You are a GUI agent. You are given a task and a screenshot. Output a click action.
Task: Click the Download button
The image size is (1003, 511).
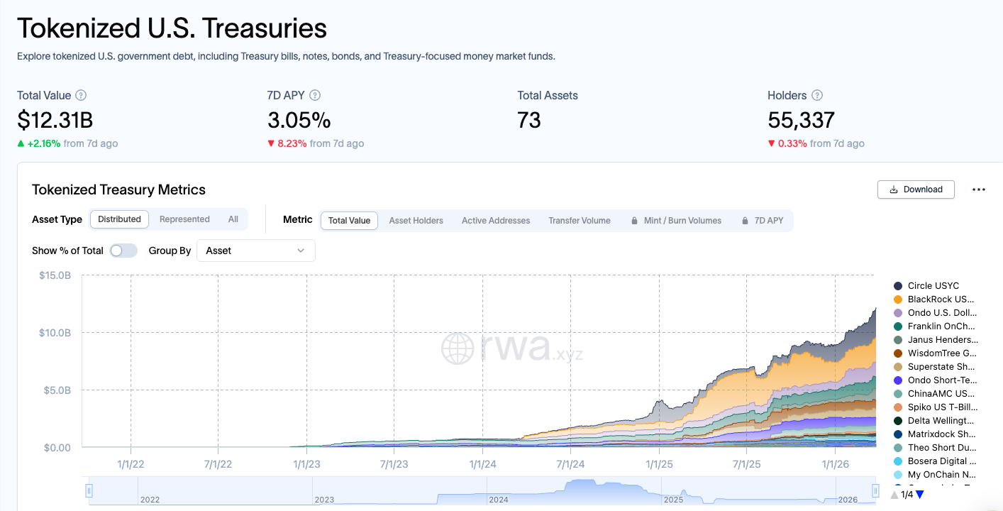tap(916, 189)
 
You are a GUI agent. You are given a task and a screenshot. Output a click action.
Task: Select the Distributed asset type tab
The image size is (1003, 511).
tap(119, 219)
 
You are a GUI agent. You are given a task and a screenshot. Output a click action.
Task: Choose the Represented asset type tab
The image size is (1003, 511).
tap(184, 219)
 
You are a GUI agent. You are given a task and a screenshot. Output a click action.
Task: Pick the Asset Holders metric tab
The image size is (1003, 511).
tap(416, 221)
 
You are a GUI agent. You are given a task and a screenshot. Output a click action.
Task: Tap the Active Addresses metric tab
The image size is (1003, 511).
tap(496, 221)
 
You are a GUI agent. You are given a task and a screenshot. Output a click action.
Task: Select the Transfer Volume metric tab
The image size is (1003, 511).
tap(579, 221)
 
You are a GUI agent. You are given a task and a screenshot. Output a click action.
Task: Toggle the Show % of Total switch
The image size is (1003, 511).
tap(123, 251)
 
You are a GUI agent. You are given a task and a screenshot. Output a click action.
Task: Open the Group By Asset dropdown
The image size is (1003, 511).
tap(255, 251)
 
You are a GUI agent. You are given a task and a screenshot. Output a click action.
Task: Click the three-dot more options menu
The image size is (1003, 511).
tap(979, 189)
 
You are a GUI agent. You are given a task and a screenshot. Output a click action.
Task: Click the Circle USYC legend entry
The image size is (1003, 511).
tap(933, 285)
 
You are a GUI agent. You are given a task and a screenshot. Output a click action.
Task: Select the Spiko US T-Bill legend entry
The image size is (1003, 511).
tap(942, 407)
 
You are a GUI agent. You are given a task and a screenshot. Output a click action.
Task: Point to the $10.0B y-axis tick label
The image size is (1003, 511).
tap(55, 333)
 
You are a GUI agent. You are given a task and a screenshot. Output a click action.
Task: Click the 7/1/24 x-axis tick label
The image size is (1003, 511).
tap(570, 464)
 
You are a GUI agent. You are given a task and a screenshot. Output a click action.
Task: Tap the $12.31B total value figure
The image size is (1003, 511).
tap(55, 120)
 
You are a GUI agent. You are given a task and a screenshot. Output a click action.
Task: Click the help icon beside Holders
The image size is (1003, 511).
tap(817, 95)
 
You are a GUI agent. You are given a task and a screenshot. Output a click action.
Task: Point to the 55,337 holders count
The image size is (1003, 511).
tap(801, 120)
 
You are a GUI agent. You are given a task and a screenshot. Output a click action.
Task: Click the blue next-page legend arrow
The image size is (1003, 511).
tap(920, 495)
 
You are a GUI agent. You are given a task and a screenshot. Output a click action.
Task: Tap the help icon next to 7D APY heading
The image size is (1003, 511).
tap(315, 95)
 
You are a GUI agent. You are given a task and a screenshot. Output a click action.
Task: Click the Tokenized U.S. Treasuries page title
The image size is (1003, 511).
tap(172, 28)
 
